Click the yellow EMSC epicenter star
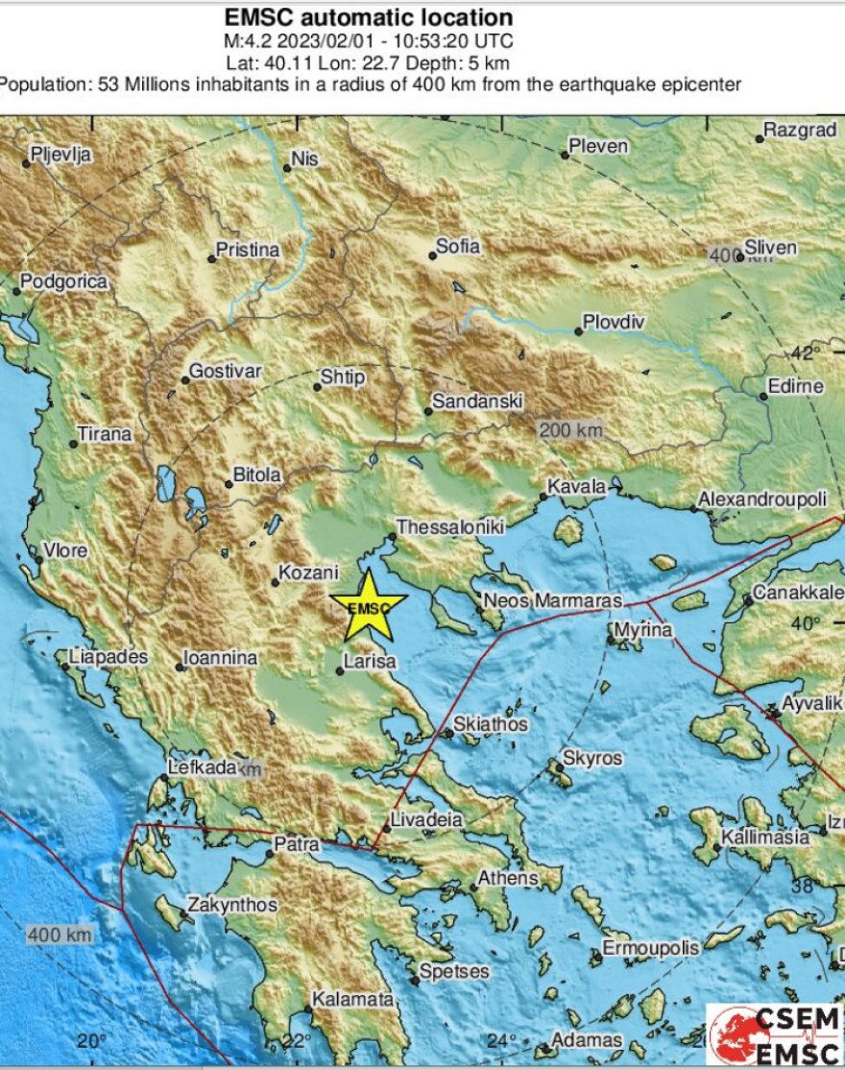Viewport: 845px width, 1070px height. point(368,606)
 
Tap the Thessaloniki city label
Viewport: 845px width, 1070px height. point(450,527)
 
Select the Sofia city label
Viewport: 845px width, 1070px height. point(458,246)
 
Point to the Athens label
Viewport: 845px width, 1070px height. point(509,878)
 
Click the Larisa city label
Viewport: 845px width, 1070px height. point(371,662)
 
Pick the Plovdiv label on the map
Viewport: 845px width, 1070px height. point(616,322)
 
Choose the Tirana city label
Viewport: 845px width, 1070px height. point(105,434)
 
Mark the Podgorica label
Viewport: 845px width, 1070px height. point(64,281)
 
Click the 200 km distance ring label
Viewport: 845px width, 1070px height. point(570,430)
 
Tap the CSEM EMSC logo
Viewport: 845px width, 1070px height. point(775,1035)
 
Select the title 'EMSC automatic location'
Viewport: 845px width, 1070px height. point(368,17)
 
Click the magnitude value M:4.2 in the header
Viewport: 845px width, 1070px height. point(248,41)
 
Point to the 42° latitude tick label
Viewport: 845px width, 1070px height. point(806,352)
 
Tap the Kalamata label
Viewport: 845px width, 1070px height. point(354,999)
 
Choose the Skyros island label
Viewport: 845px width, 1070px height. point(591,758)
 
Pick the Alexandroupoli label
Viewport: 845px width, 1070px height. point(761,500)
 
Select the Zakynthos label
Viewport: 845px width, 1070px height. point(232,905)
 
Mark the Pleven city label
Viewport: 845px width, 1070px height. point(598,146)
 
